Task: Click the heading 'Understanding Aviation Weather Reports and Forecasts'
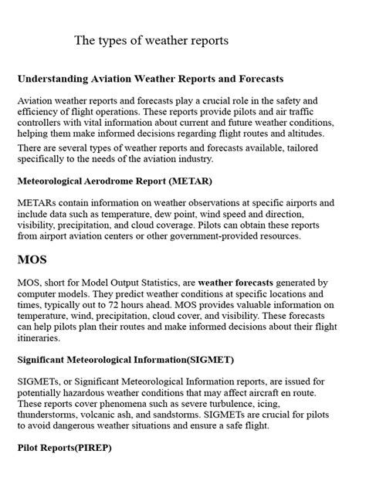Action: coord(151,79)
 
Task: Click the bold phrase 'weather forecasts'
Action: coord(242,284)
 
